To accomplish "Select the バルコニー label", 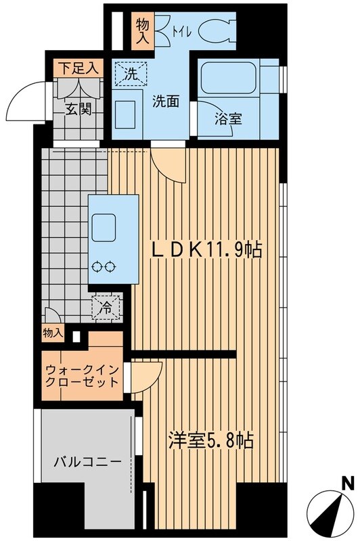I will pyautogui.click(x=88, y=463).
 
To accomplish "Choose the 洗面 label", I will pyautogui.click(x=166, y=102).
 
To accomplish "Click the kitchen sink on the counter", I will pyautogui.click(x=105, y=225).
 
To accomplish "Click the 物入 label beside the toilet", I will pyautogui.click(x=143, y=30).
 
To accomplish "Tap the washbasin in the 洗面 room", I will pyautogui.click(x=125, y=112).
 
